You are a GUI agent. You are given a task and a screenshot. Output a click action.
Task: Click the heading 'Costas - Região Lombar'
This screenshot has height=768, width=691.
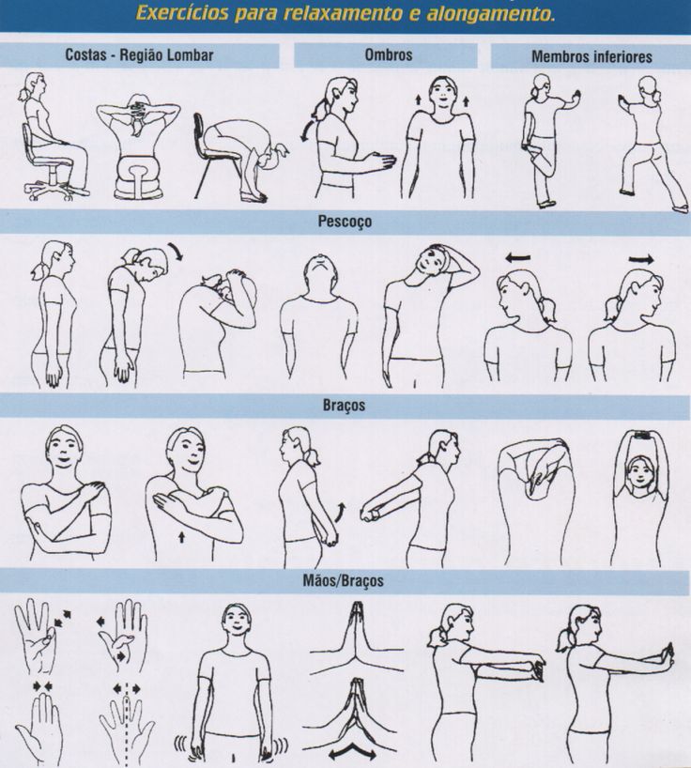click(139, 54)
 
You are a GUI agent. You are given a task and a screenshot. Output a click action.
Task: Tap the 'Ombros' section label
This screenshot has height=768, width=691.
click(389, 54)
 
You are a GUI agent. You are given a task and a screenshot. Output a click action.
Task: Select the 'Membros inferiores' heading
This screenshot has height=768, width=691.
click(591, 56)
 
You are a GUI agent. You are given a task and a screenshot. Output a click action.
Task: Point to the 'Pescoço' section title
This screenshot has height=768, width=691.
click(345, 222)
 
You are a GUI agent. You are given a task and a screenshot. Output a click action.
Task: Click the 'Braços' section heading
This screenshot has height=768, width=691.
click(344, 406)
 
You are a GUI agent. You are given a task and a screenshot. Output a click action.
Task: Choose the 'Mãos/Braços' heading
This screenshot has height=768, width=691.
click(343, 581)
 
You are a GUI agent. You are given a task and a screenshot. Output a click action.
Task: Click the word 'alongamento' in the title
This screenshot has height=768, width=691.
click(491, 13)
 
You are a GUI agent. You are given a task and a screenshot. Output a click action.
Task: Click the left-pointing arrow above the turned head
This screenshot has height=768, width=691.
click(517, 257)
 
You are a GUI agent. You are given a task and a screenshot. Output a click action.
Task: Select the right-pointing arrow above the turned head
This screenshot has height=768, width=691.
click(642, 258)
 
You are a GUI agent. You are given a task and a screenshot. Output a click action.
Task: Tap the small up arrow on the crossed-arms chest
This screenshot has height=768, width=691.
click(182, 538)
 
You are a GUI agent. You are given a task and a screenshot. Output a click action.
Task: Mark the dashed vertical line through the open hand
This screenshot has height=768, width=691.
click(127, 725)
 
